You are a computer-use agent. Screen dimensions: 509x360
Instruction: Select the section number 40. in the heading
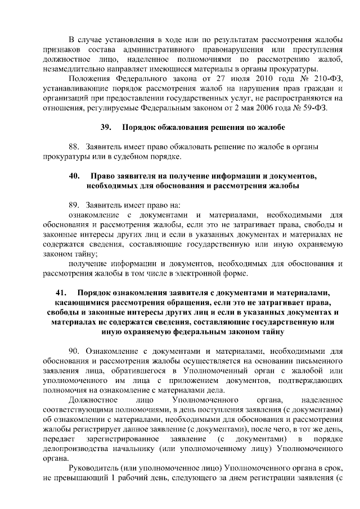74,176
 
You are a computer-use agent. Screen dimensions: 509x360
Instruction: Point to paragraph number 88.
75,147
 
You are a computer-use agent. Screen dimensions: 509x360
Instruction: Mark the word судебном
134,156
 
